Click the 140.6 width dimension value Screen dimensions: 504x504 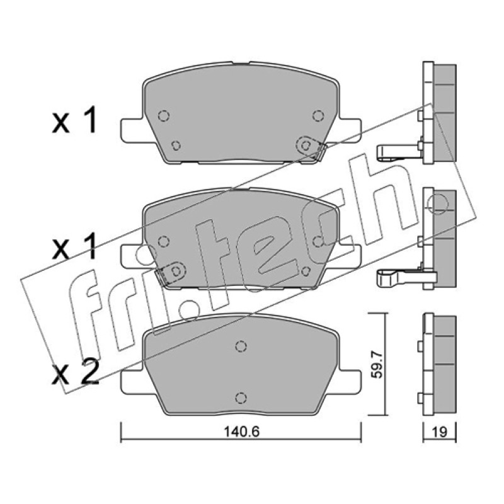tap(241, 432)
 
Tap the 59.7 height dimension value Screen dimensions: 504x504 tap(377, 365)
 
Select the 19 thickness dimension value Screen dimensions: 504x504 tap(439, 432)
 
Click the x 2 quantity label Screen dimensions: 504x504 tap(75, 375)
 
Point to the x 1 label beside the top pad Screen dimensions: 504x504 tap(74, 121)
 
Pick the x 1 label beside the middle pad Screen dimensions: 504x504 tap(74, 246)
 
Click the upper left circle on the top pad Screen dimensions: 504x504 tap(164, 115)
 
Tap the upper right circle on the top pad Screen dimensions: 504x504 tap(318, 115)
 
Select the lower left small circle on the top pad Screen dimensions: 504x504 tap(176, 146)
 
